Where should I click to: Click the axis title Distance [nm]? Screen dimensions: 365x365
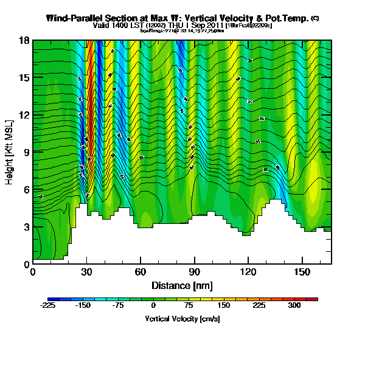point(182,285)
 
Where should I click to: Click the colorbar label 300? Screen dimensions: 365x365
point(294,306)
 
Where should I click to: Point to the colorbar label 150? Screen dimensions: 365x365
point(224,306)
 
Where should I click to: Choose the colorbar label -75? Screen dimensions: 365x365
point(118,306)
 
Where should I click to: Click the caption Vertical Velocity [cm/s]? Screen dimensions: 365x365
point(182,319)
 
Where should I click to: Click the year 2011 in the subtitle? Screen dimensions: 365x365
point(214,26)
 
